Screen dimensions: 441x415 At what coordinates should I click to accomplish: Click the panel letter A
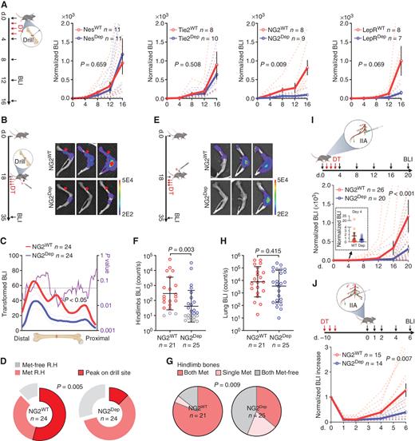(x=5, y=5)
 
